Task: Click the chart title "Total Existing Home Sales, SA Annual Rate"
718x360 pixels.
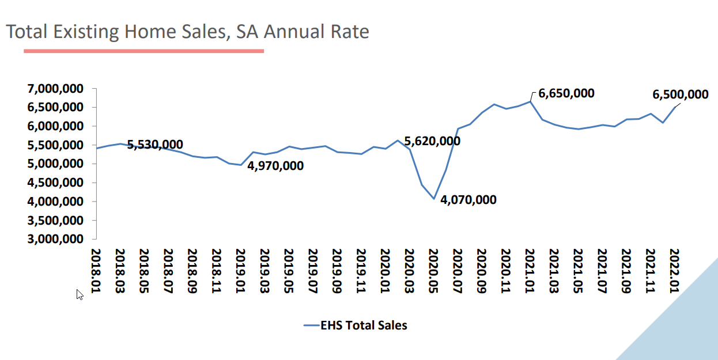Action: click(187, 31)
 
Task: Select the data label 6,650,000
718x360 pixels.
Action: click(566, 93)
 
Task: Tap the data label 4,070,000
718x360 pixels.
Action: click(468, 200)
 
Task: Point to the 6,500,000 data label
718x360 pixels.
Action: click(680, 94)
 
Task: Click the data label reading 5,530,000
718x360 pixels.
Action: click(155, 145)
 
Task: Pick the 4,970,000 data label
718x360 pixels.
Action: click(275, 166)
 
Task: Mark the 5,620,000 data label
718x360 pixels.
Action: click(432, 141)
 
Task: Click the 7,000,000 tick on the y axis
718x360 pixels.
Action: click(55, 88)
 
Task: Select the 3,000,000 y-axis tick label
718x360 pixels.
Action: click(55, 239)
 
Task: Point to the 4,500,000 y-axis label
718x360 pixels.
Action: click(55, 183)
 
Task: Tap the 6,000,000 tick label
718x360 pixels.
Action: click(55, 126)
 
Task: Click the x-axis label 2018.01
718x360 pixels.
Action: click(96, 271)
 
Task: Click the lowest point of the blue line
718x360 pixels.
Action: click(434, 199)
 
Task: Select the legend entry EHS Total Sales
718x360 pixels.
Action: click(356, 325)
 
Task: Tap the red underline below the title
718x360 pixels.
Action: click(143, 51)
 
